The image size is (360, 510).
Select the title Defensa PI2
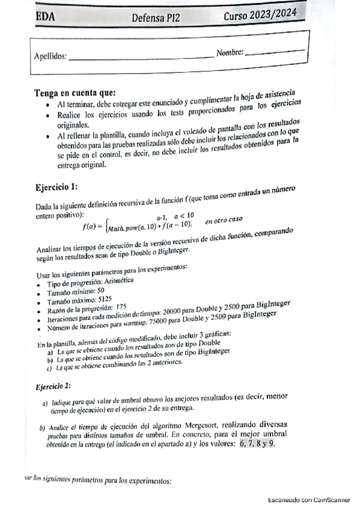coord(160,18)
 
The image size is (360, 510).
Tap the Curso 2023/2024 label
coord(260,15)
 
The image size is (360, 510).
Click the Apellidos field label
coord(50,57)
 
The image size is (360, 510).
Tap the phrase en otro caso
coord(224,221)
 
